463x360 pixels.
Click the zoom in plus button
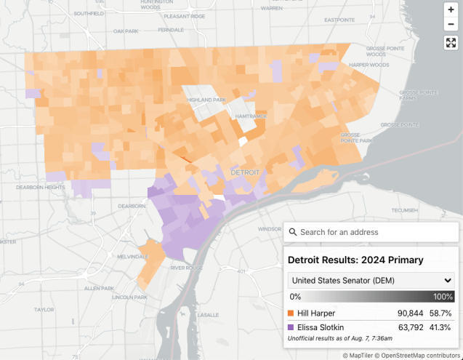pyautogui.click(x=450, y=9)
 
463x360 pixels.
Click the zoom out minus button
pyautogui.click(x=450, y=25)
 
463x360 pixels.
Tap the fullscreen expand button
pyautogui.click(x=450, y=43)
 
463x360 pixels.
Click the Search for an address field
pyautogui.click(x=371, y=232)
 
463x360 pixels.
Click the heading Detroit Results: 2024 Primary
pyautogui.click(x=356, y=260)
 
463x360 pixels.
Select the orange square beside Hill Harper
pyautogui.click(x=291, y=313)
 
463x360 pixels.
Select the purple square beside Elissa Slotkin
pyautogui.click(x=291, y=327)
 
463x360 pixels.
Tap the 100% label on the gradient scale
pyautogui.click(x=443, y=297)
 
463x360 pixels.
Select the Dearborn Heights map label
pyautogui.click(x=39, y=187)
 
